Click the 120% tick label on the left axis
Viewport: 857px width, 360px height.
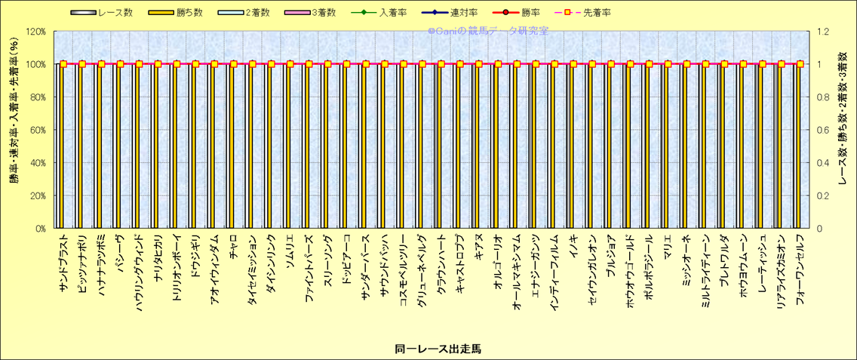[35, 32]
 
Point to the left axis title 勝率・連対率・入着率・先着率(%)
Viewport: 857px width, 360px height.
[13, 129]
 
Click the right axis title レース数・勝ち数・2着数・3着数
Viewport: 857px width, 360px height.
[843, 129]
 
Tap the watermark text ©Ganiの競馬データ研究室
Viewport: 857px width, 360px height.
[488, 31]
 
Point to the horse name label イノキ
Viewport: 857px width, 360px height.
[573, 246]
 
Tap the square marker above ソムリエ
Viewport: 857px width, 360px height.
[290, 64]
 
